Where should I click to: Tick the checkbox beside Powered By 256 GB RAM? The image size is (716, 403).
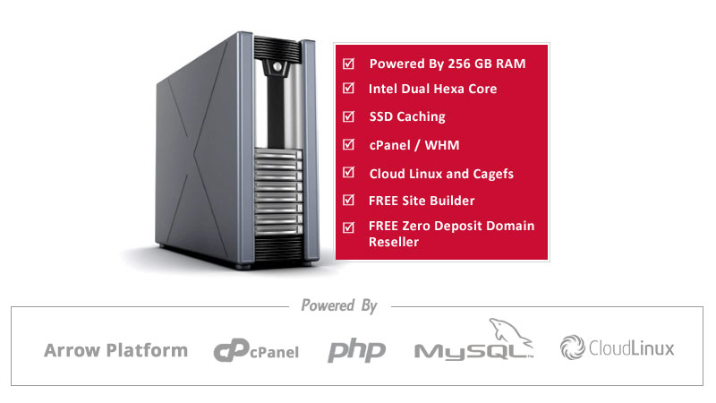pos(348,64)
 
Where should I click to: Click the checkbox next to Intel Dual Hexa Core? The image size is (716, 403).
pos(348,88)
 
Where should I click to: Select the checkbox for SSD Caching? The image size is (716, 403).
pos(348,116)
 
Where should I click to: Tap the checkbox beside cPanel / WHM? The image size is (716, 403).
pos(348,144)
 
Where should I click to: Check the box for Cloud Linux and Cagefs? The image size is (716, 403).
pos(348,172)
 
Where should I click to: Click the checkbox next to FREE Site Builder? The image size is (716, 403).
pos(348,200)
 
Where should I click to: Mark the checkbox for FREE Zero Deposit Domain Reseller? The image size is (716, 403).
pos(348,227)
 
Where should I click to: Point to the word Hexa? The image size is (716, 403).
pos(454,89)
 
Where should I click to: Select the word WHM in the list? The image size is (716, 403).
pos(442,145)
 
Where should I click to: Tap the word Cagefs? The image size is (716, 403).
pos(493,174)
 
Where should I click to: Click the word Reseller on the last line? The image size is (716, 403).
pos(394,242)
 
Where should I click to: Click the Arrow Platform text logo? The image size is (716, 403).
pos(116,350)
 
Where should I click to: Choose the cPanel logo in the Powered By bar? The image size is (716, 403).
pos(256,351)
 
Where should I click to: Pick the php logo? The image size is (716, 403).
pos(356,351)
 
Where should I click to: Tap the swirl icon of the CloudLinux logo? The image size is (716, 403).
pos(573,347)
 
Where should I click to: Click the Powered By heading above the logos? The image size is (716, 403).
pos(339,305)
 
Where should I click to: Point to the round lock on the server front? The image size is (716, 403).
pos(277,66)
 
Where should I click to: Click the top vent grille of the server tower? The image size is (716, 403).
pos(277,48)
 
